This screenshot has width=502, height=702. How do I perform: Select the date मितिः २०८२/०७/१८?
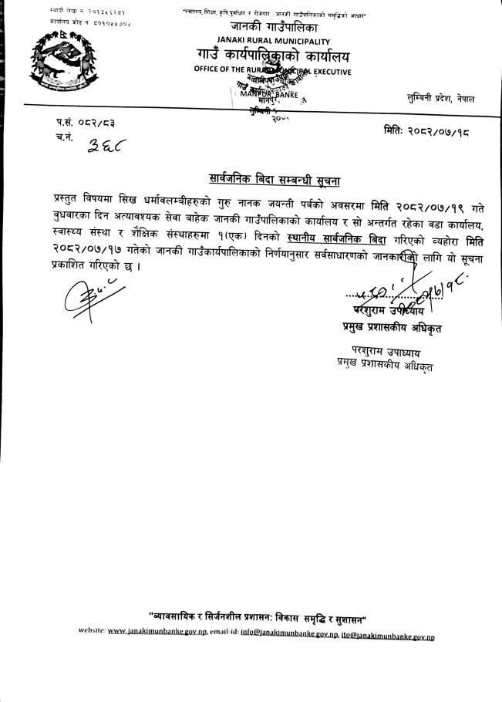coord(426,132)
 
